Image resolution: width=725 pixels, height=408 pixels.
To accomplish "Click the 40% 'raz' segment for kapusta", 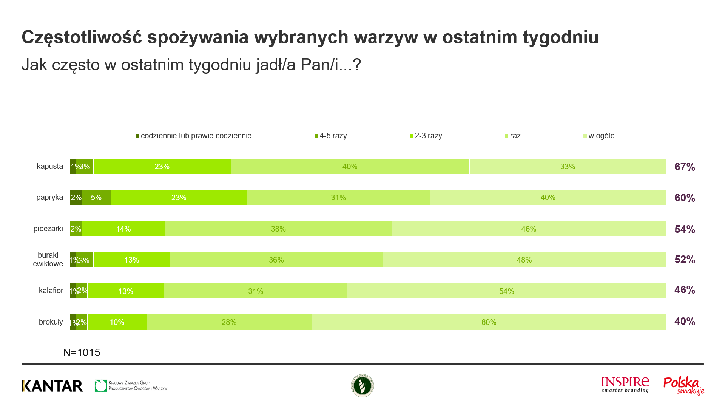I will [350, 167].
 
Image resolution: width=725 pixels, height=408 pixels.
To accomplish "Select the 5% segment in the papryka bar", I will [96, 198].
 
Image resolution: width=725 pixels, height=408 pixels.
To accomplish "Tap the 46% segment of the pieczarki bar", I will [529, 229].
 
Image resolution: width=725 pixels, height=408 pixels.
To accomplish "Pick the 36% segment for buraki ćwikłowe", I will [276, 260].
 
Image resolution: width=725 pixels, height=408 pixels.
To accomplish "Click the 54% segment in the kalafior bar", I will [506, 291].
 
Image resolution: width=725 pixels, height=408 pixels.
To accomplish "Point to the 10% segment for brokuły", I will [117, 322].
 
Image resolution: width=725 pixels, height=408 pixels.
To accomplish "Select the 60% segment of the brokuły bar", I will [489, 322].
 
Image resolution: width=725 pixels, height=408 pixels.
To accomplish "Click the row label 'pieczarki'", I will [48, 229].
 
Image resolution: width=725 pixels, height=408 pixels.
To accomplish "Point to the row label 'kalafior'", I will [51, 291].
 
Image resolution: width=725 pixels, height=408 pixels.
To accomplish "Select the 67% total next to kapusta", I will [685, 167].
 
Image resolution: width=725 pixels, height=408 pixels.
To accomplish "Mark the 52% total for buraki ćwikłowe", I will [685, 260].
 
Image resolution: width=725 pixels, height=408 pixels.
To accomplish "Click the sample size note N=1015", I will [82, 352].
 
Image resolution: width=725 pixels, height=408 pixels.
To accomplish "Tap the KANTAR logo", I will [52, 386].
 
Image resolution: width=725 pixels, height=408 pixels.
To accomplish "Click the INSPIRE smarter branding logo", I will [625, 385].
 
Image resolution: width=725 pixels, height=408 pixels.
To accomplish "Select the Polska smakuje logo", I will [683, 386].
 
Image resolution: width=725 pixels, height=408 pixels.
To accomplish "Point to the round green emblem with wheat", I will [362, 386].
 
